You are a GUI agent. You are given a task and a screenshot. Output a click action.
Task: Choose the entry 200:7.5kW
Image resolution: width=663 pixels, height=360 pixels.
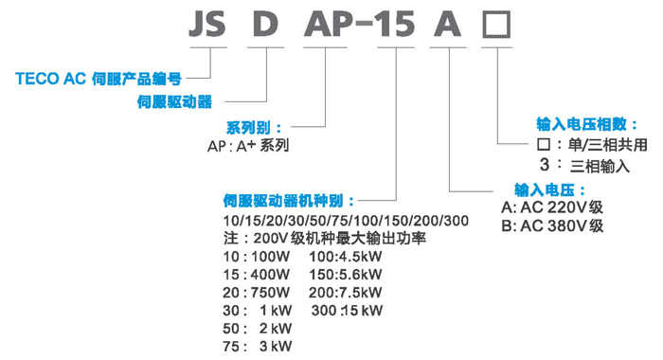[345, 292]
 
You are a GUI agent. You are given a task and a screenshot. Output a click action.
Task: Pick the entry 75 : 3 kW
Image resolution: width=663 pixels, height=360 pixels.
[253, 346]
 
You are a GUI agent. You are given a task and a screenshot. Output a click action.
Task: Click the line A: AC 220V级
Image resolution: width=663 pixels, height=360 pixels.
[553, 207]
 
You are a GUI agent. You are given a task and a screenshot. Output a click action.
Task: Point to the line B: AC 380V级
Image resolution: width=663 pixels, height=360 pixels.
[553, 226]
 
